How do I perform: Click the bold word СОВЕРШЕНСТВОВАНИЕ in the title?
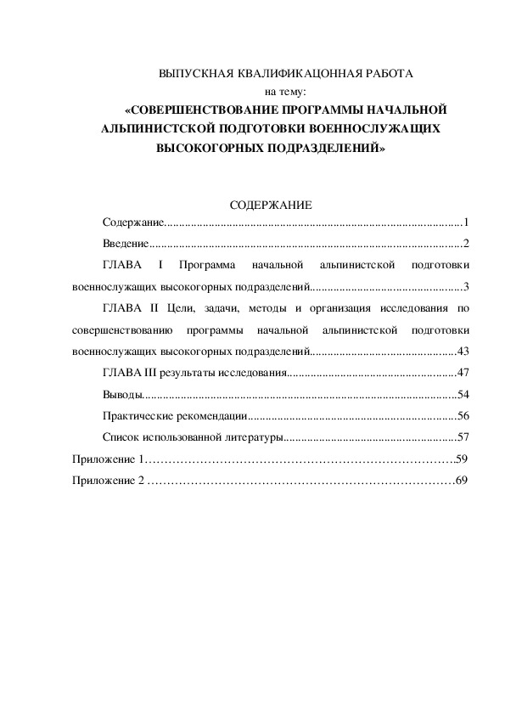pyautogui.click(x=210, y=110)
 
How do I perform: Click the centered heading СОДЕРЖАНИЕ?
pyautogui.click(x=272, y=205)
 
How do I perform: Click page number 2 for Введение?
pyautogui.click(x=466, y=244)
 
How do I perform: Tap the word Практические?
pyautogui.click(x=143, y=416)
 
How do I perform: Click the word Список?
pyautogui.click(x=120, y=438)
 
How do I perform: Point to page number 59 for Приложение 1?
pyautogui.click(x=463, y=459)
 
